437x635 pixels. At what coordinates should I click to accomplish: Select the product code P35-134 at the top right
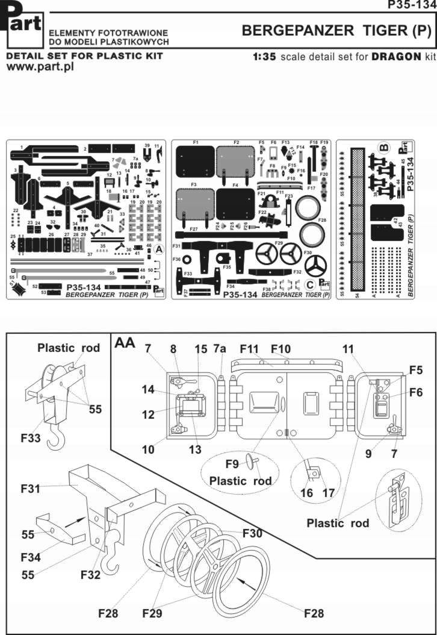coord(412,5)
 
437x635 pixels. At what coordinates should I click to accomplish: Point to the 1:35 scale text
coord(265,57)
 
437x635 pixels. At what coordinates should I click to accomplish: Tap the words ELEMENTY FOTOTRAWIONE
coord(108,33)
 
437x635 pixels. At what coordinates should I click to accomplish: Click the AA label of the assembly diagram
coord(125,344)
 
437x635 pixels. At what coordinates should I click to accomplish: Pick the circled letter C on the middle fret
coord(310,284)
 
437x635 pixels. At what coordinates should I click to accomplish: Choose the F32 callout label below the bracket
coord(92,574)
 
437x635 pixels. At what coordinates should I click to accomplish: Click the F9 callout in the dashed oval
coord(232,465)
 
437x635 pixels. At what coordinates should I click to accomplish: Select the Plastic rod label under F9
coord(240,481)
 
